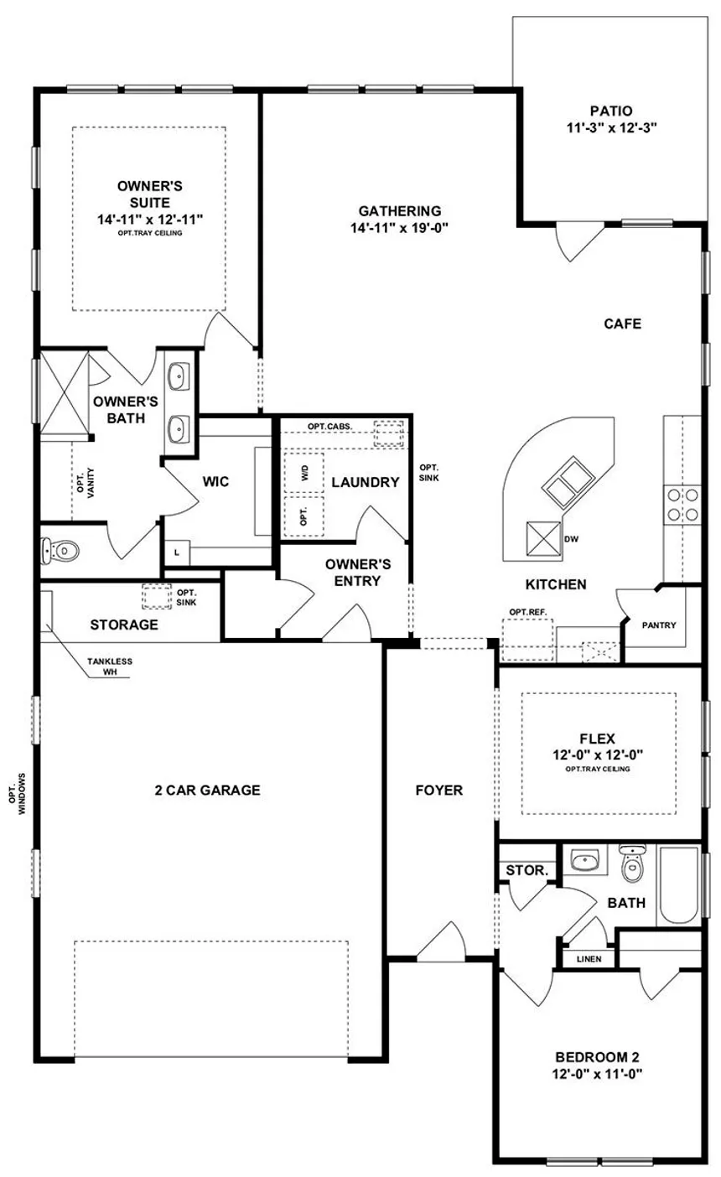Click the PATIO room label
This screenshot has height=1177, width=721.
(611, 111)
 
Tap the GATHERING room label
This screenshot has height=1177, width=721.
(400, 210)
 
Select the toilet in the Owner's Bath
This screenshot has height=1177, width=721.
(60, 550)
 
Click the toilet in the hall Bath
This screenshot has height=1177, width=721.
(631, 863)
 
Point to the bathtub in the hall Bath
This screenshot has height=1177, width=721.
(678, 885)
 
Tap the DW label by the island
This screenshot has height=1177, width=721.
(571, 539)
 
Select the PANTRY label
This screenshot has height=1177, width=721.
(659, 625)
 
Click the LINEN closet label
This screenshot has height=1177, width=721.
(589, 959)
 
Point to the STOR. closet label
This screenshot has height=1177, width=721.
(527, 870)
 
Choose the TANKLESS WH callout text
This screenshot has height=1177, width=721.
(110, 666)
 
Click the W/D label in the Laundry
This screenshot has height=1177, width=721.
(305, 473)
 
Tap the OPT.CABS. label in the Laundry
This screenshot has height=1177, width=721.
(329, 426)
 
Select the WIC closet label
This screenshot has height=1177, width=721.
(215, 481)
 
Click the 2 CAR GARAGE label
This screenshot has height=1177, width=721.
(208, 790)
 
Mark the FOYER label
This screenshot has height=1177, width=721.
(439, 790)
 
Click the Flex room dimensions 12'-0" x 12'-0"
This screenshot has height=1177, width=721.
(598, 754)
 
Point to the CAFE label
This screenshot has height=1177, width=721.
(623, 323)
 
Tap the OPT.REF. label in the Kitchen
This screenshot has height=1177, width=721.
(528, 612)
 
